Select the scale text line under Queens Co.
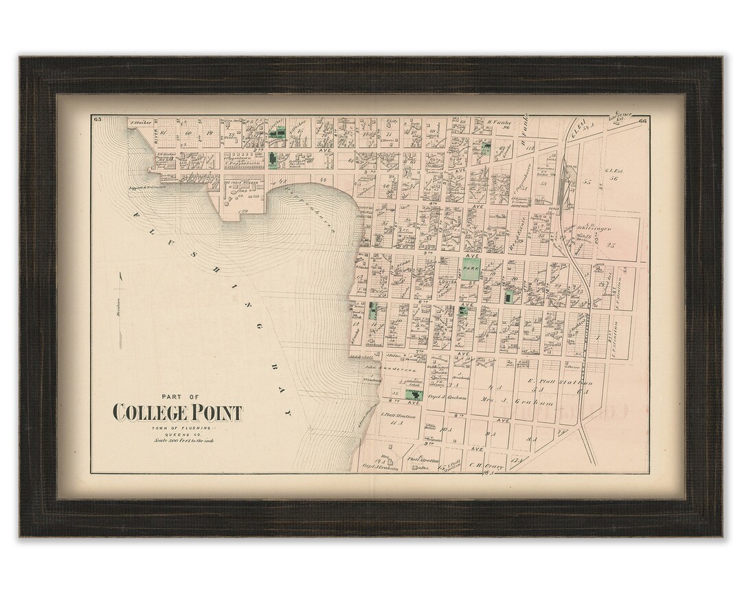pyautogui.click(x=177, y=441)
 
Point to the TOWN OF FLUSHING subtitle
pyautogui.click(x=177, y=428)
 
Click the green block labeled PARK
pyautogui.click(x=470, y=269)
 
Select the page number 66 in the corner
pyautogui.click(x=642, y=122)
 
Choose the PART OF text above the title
pyautogui.click(x=177, y=396)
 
